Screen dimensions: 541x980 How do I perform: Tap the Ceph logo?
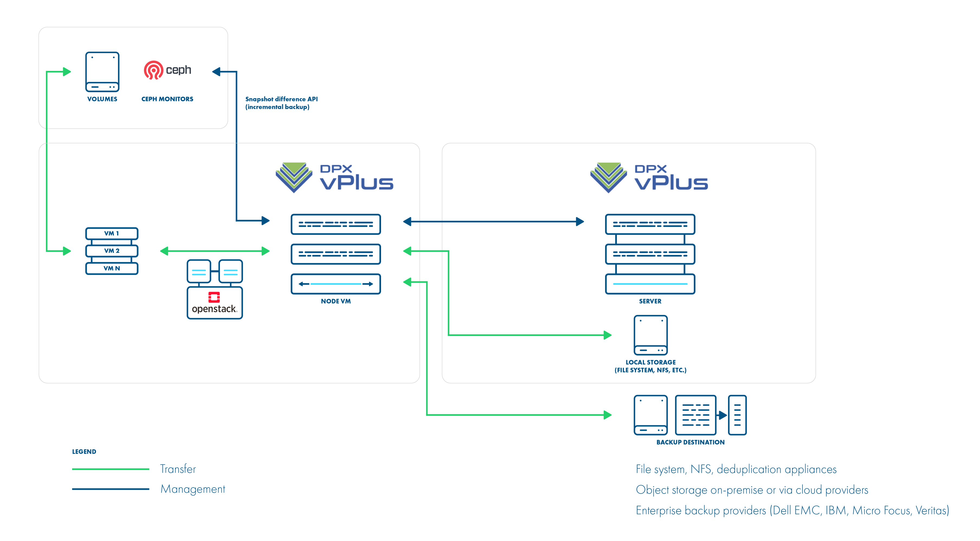coord(167,70)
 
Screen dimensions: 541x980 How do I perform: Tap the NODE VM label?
coord(336,301)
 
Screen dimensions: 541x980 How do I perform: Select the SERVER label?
coord(650,301)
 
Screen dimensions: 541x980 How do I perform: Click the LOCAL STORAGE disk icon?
coord(650,335)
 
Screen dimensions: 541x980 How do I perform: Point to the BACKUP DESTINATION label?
coord(690,442)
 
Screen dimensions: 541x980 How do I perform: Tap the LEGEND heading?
coord(84,452)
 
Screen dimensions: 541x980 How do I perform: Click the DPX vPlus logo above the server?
coord(649,177)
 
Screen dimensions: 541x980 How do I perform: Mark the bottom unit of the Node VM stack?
coord(336,284)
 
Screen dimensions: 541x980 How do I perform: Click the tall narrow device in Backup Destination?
coord(737,415)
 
